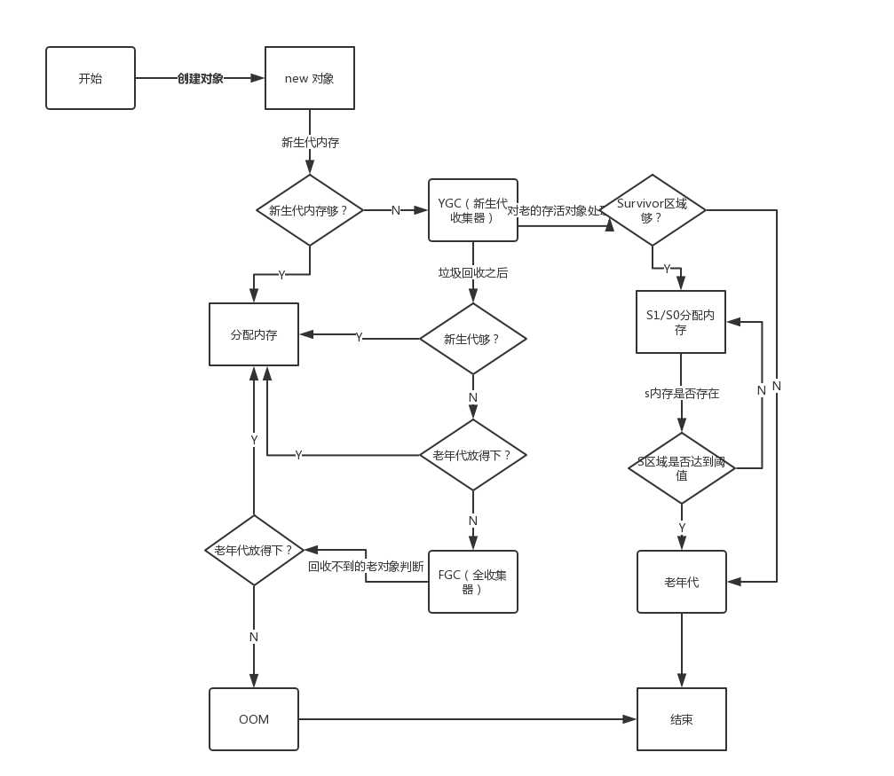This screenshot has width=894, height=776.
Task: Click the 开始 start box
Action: (x=91, y=78)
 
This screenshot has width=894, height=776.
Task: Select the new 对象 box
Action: (x=310, y=78)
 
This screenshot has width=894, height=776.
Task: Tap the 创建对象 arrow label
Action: (x=201, y=78)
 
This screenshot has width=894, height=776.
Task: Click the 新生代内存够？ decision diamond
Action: (x=310, y=210)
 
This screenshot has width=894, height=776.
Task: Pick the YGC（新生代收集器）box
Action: (x=472, y=210)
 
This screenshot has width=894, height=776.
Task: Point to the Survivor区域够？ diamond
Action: (x=653, y=210)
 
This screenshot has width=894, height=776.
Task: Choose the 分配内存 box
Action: (x=254, y=334)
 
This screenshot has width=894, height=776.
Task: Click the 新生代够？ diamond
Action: (x=472, y=339)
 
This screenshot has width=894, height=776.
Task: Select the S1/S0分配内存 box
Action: (x=681, y=322)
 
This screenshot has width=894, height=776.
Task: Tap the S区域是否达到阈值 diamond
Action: (x=681, y=468)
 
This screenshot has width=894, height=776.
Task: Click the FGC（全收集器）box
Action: (x=472, y=582)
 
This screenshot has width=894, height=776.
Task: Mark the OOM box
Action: (x=254, y=719)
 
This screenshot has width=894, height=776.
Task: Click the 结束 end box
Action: (x=681, y=719)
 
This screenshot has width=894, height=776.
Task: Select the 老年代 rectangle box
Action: (x=681, y=582)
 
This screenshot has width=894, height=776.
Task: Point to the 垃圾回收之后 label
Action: (x=473, y=273)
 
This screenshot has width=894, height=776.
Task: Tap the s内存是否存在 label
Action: (x=681, y=393)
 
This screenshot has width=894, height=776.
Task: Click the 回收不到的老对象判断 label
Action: (x=366, y=567)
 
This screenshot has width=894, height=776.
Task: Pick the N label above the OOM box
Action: (x=254, y=637)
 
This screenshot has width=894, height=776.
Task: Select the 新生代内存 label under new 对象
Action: (x=310, y=142)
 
